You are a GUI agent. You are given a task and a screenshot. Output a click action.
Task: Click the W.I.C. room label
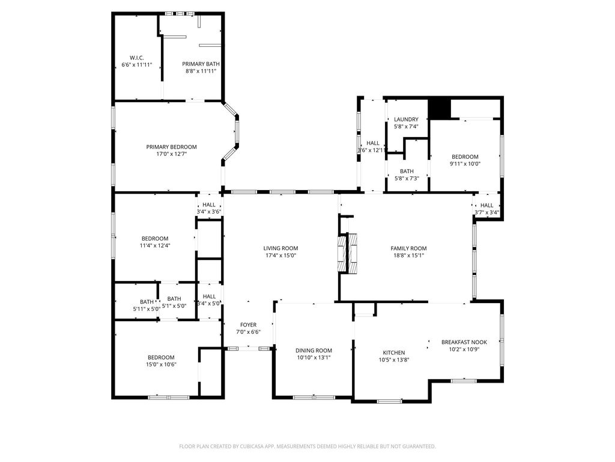[136, 58]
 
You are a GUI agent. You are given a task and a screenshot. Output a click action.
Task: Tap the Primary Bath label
[201, 64]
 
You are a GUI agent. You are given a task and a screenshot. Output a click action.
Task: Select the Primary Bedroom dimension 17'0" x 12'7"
[171, 154]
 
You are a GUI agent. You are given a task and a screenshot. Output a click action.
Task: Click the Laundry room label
[406, 120]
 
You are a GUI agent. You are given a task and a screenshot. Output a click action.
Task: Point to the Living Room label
[280, 248]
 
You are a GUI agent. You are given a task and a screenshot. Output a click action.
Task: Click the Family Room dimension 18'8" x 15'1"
[408, 255]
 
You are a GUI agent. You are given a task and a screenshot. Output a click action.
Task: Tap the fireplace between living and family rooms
[348, 253]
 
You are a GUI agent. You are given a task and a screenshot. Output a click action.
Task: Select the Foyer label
[248, 325]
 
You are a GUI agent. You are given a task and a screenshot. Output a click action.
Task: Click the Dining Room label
[314, 351]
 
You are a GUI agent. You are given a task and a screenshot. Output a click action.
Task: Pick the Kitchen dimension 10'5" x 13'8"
[394, 360]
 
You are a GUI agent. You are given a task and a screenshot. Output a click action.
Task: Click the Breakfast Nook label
[464, 342]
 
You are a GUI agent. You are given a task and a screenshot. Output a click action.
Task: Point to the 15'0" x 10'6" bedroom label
[161, 357]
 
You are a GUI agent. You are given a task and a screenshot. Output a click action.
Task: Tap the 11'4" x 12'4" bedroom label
[155, 238]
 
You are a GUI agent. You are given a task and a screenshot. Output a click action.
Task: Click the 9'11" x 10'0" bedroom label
[465, 157]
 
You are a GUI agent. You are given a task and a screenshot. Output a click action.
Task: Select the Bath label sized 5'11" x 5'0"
[147, 302]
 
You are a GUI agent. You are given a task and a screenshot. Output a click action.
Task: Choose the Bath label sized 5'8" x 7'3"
[407, 171]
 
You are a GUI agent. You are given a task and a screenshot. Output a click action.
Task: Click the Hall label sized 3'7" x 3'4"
[486, 206]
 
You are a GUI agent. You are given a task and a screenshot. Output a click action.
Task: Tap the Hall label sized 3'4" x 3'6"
[209, 205]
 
